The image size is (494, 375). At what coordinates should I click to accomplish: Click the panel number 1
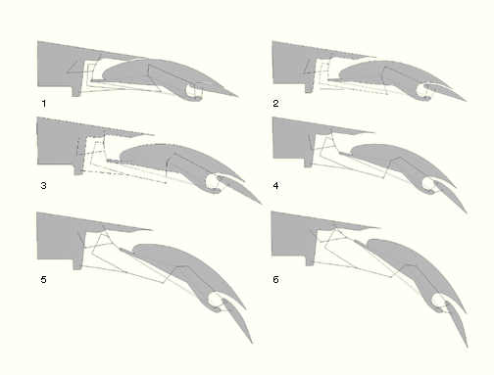(44, 104)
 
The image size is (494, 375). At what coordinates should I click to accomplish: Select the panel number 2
(275, 104)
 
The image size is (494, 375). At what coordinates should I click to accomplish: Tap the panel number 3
(44, 186)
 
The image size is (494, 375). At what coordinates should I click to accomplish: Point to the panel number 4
(275, 186)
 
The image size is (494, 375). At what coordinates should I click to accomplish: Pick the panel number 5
(44, 280)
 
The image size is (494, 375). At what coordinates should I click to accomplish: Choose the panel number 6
(275, 280)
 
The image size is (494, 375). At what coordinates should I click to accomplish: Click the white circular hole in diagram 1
(194, 90)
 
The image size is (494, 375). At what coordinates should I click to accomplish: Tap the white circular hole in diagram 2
(424, 91)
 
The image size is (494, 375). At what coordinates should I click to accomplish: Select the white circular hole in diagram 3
(213, 181)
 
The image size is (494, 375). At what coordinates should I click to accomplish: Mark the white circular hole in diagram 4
(428, 184)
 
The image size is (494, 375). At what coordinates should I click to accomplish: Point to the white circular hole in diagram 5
(216, 300)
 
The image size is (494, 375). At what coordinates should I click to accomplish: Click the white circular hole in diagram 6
(439, 301)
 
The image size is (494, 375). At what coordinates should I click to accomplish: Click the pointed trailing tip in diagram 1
(237, 96)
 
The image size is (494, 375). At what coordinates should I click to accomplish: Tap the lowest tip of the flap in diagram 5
(252, 343)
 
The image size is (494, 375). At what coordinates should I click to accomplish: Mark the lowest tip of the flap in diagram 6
(468, 347)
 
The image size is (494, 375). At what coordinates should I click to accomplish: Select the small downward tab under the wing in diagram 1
(76, 92)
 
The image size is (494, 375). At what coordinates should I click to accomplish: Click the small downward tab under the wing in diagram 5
(77, 264)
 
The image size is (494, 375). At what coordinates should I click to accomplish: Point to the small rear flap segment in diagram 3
(239, 190)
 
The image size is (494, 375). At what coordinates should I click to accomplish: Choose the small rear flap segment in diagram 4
(451, 197)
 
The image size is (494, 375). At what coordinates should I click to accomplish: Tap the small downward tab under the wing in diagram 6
(310, 261)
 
